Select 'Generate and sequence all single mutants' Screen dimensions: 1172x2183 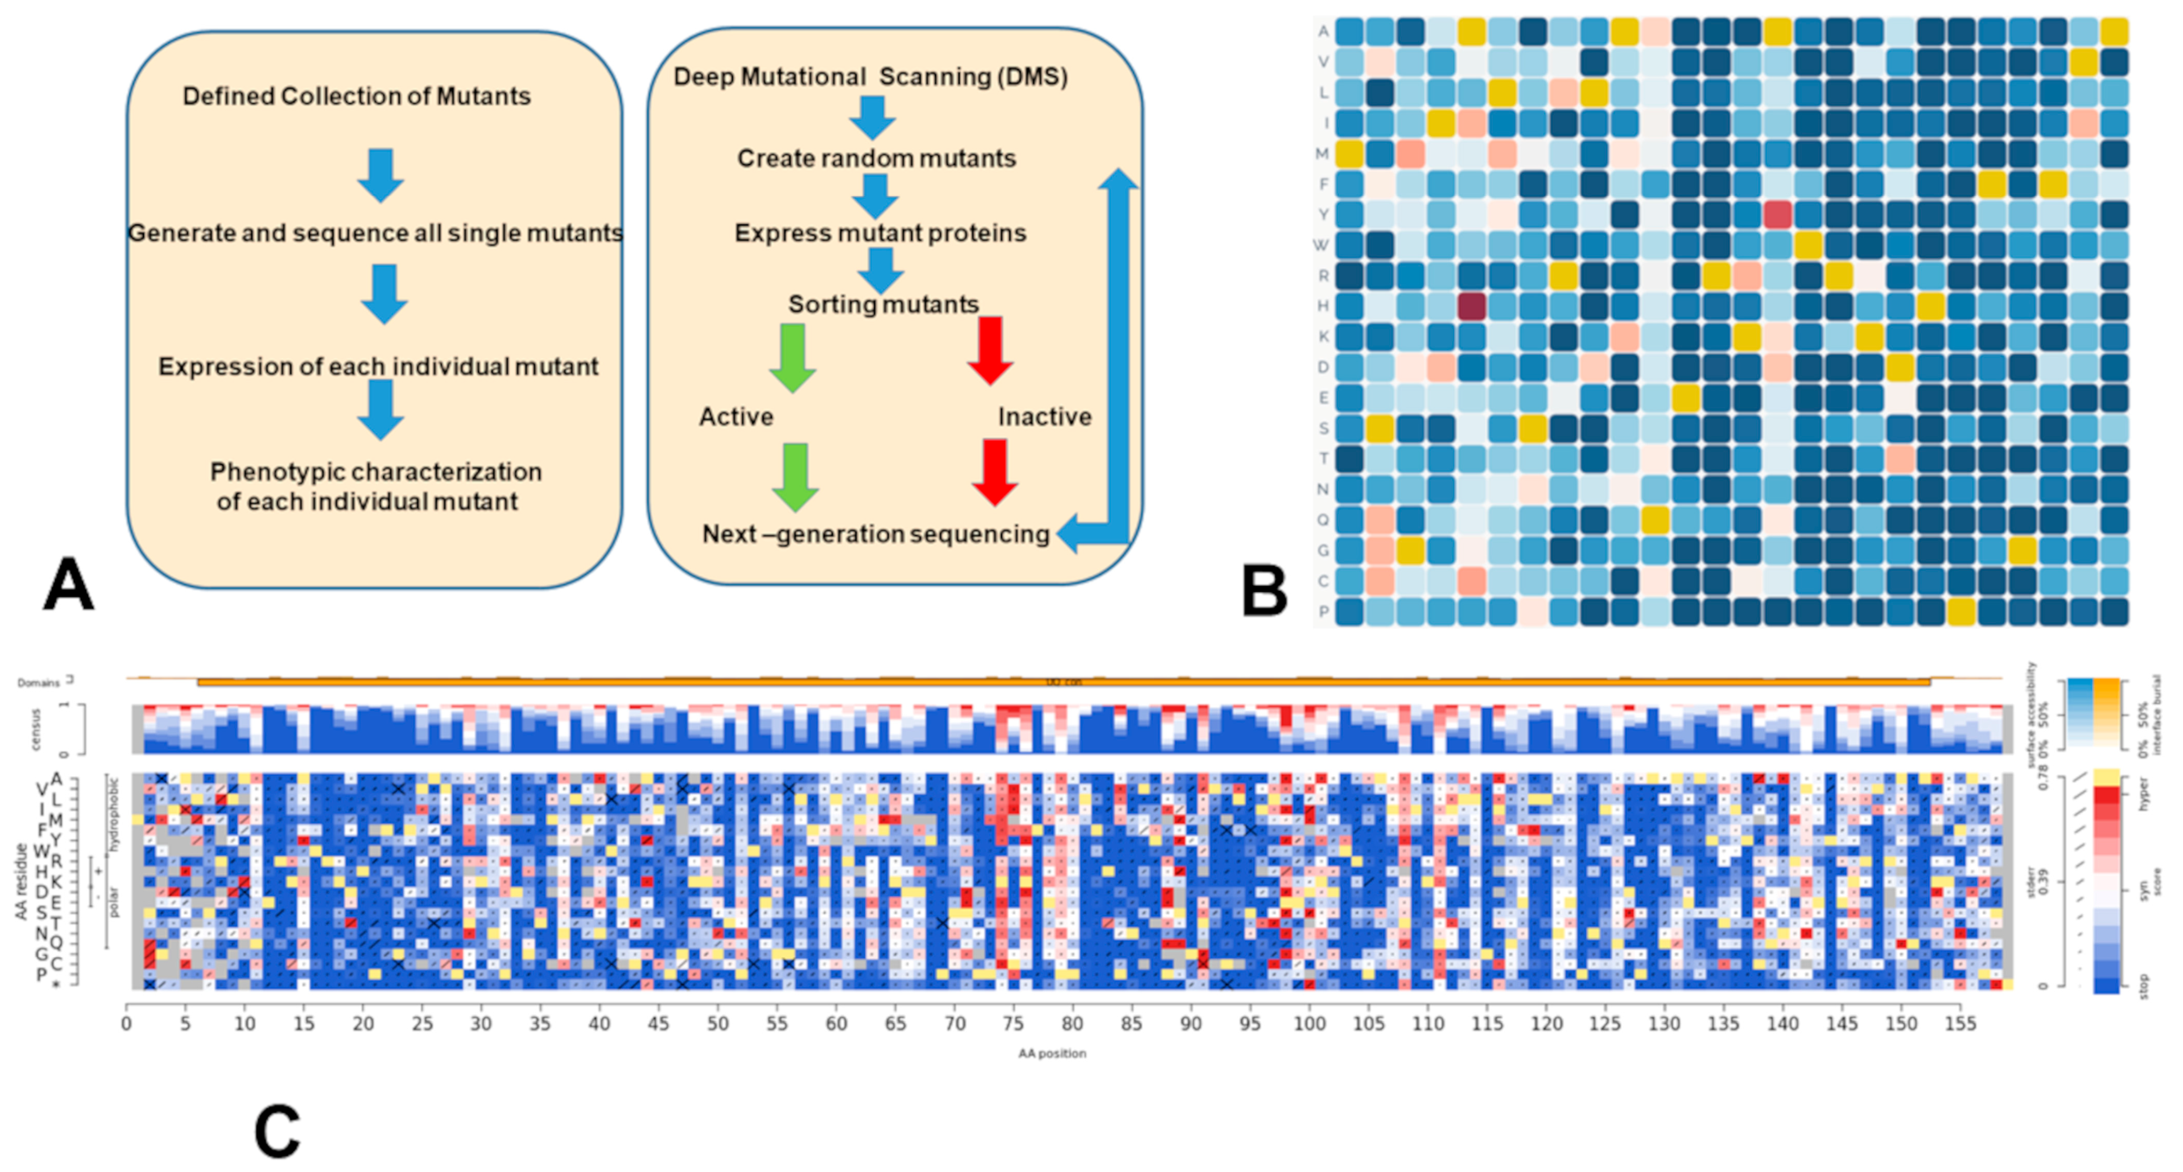[375, 233]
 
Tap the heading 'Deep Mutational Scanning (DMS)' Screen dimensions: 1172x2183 [870, 77]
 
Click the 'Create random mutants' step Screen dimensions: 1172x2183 [876, 159]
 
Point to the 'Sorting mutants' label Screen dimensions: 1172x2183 [883, 304]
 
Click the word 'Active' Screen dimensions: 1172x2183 [736, 417]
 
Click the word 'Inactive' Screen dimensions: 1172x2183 [1044, 417]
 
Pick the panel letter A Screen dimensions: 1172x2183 [68, 585]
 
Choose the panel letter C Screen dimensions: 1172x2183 [277, 1131]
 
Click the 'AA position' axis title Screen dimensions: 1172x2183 [1052, 1053]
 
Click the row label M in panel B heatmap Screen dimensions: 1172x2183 [1322, 154]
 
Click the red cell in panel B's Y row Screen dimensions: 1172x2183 [1777, 214]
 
